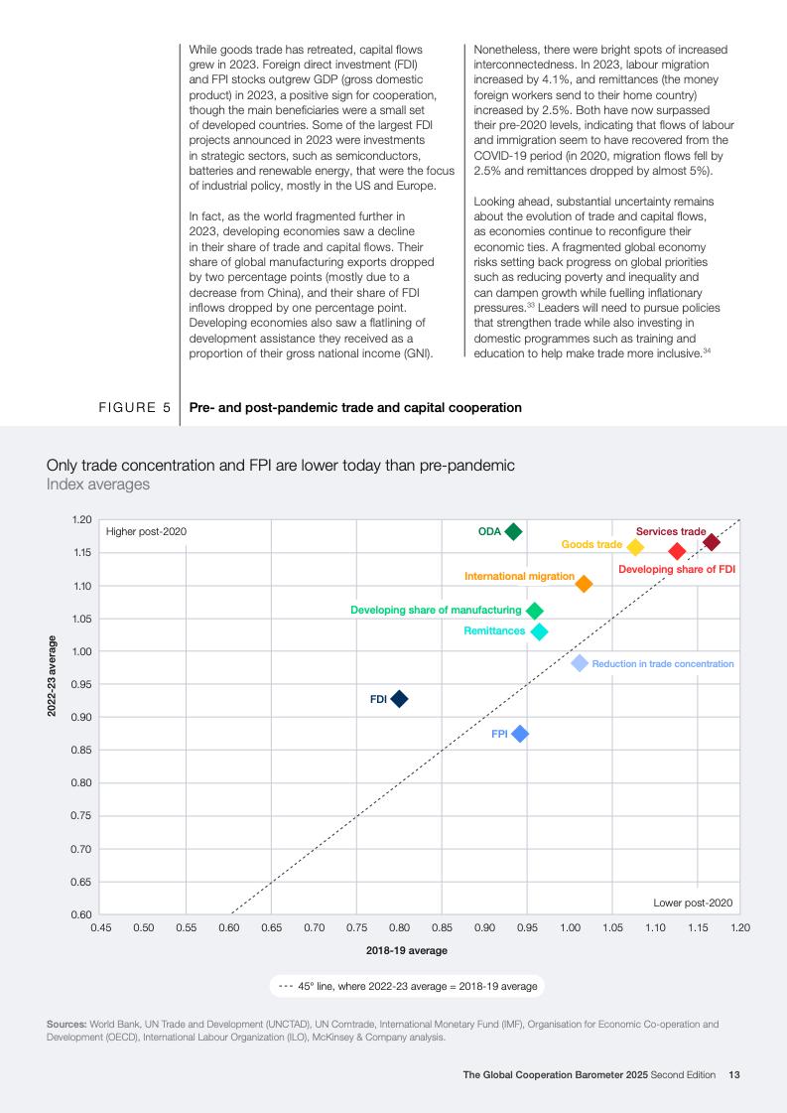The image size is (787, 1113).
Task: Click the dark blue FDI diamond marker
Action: tap(399, 699)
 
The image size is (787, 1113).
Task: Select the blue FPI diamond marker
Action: tap(519, 734)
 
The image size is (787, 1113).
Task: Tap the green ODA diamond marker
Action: tap(513, 532)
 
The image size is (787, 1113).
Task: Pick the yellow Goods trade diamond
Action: tap(635, 547)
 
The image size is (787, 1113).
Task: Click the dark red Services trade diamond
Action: tap(712, 542)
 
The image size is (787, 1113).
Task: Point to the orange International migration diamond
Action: tap(584, 584)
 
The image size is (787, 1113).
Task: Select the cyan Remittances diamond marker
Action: tap(539, 631)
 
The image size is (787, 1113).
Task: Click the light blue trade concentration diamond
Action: tap(580, 663)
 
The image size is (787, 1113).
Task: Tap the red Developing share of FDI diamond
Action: tap(677, 551)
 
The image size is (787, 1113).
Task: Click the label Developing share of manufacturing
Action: tap(436, 610)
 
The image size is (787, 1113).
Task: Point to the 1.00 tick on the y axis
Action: tap(81, 651)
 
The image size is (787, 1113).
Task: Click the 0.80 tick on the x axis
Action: tap(399, 927)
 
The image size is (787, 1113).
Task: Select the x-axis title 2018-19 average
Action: tap(407, 950)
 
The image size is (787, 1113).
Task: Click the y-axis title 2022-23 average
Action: tap(52, 674)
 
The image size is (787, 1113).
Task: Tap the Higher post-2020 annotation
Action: tap(146, 532)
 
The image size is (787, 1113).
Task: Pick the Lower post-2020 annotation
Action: tap(693, 903)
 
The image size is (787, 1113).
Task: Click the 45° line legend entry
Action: tap(407, 986)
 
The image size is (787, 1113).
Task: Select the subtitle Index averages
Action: tap(98, 485)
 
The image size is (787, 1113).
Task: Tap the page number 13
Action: tap(734, 1074)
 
